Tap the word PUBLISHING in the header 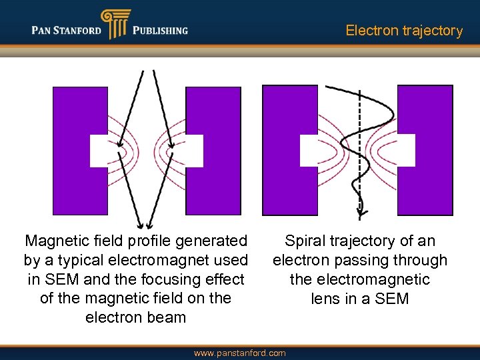tap(160, 31)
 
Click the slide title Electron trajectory tap(404, 31)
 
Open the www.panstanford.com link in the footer tap(239, 353)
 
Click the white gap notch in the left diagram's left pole tap(99, 151)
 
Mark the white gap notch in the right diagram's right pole tap(406, 150)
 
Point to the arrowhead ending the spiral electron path tap(360, 207)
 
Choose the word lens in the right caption tap(325, 299)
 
